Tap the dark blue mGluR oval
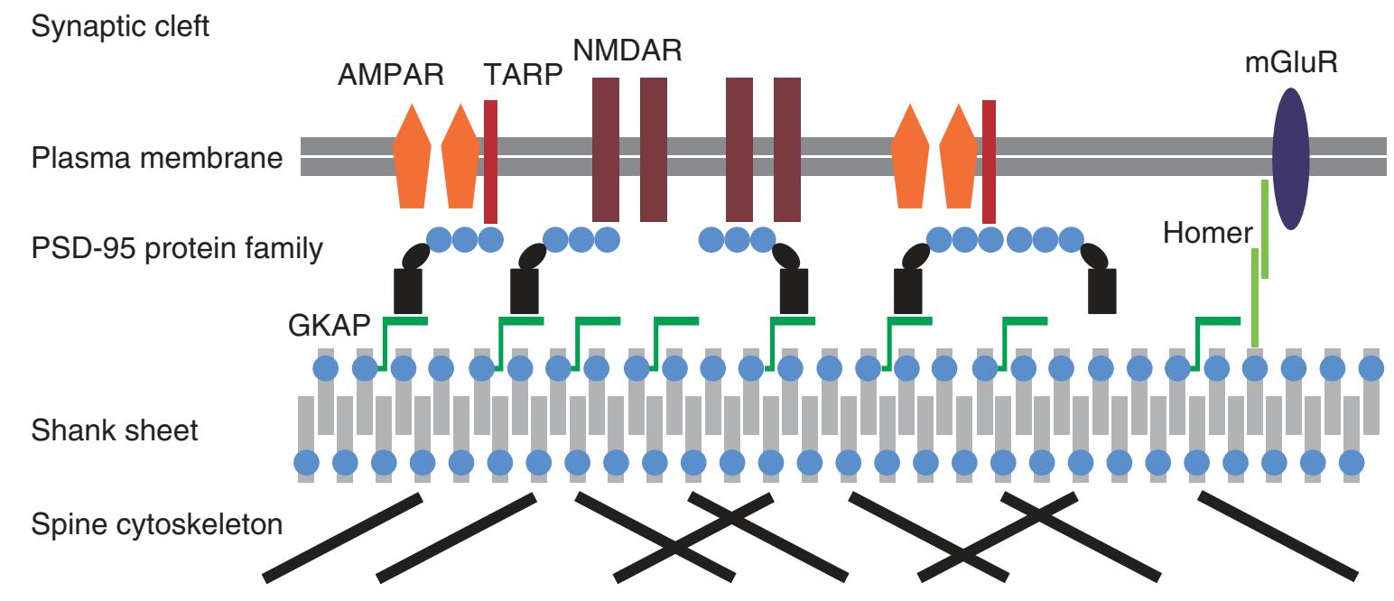tap(1296, 159)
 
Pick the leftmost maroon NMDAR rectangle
tap(605, 149)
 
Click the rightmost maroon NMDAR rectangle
tap(787, 149)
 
